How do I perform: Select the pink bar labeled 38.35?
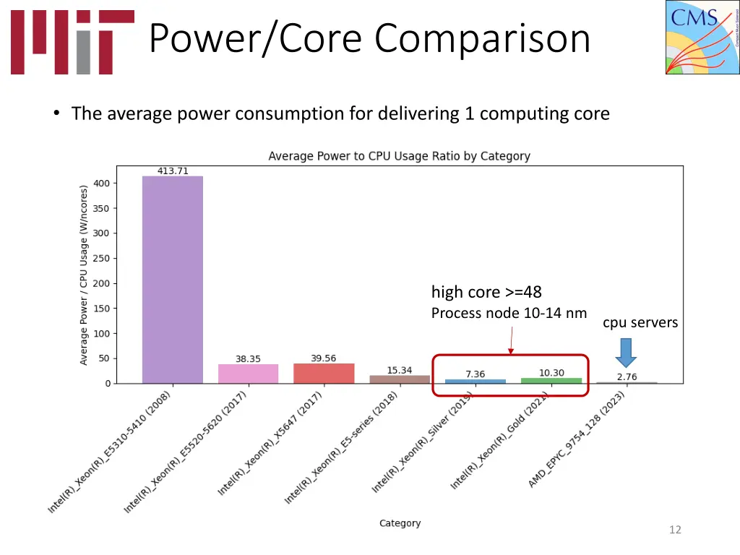tap(248, 374)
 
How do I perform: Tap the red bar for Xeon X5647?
tap(324, 373)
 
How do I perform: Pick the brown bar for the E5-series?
tap(400, 379)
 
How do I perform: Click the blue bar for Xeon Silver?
tap(475, 381)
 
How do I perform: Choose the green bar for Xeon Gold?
tap(551, 380)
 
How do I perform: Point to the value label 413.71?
tap(173, 171)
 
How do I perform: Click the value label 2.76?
tap(627, 377)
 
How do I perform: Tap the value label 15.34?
tap(400, 370)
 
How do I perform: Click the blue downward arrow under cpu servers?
tap(627, 352)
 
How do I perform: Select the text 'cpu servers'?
tap(640, 322)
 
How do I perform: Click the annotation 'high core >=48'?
tap(486, 292)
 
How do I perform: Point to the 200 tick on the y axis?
tap(102, 283)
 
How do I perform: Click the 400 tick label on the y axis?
tap(102, 184)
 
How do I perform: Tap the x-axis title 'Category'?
tap(400, 523)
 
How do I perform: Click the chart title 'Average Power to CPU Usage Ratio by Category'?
tap(399, 156)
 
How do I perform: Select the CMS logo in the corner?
tap(702, 38)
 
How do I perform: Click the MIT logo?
tap(72, 42)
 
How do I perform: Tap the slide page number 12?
tap(675, 530)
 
